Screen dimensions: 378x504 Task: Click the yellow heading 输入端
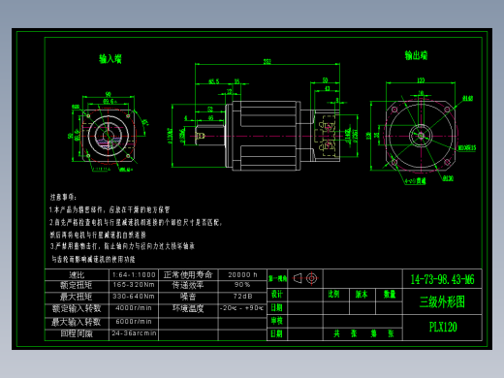click(110, 59)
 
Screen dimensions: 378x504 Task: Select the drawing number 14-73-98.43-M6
click(443, 278)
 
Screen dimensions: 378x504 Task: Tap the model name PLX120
click(443, 328)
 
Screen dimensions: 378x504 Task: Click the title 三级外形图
click(442, 302)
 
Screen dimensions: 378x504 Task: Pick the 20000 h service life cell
click(241, 275)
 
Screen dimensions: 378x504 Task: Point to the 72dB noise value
click(241, 297)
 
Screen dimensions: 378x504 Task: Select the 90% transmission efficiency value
click(241, 286)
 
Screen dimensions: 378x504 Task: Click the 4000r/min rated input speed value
click(134, 308)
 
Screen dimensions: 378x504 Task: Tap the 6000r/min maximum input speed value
click(134, 321)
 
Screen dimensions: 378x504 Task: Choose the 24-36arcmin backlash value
click(134, 332)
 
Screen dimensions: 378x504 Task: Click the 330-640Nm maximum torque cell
click(134, 297)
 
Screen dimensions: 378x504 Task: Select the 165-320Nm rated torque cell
click(134, 286)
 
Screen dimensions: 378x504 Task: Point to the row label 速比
click(77, 275)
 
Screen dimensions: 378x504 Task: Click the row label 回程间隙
click(77, 332)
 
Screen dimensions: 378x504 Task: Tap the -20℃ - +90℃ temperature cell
click(241, 308)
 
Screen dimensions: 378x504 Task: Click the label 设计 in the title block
click(277, 294)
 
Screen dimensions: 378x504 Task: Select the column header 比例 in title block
click(334, 293)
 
